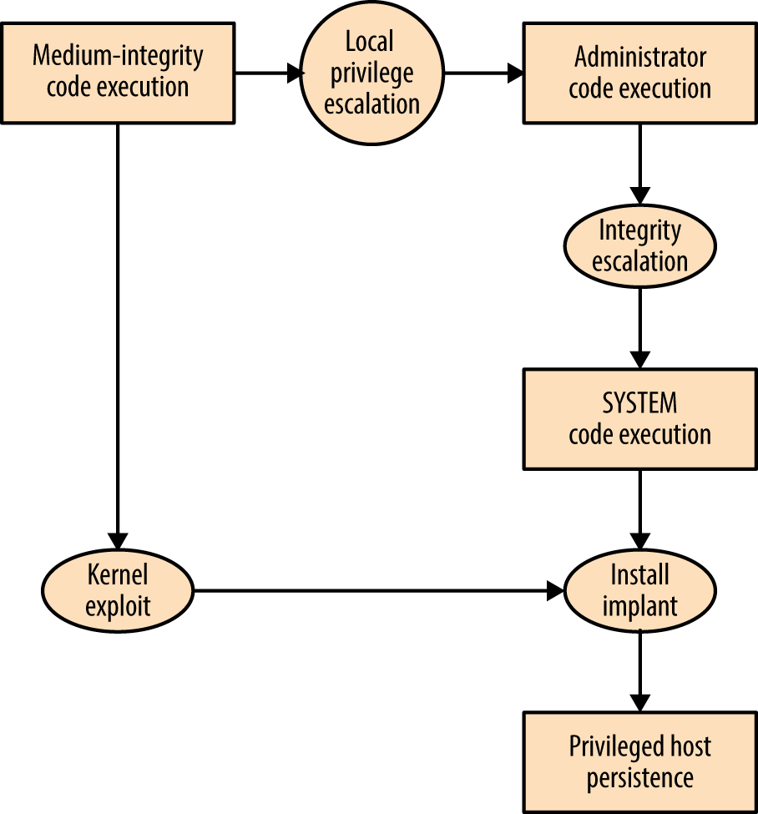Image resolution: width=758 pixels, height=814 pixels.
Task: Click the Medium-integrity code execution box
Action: click(118, 73)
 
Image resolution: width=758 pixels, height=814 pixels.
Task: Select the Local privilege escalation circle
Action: click(372, 73)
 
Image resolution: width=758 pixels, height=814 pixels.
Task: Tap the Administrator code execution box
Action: click(639, 73)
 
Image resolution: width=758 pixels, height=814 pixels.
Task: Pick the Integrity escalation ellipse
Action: click(639, 246)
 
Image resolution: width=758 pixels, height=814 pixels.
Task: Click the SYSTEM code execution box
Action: click(639, 419)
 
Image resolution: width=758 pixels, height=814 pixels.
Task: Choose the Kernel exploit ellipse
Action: click(118, 591)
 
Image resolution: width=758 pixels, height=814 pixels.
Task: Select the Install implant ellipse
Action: click(639, 591)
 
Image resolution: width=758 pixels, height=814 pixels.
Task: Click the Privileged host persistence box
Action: click(639, 762)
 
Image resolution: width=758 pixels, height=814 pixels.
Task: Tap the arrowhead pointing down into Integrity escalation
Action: click(639, 196)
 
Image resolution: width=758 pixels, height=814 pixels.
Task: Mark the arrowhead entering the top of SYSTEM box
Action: click(639, 360)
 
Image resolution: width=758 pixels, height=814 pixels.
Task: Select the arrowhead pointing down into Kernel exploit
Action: click(118, 540)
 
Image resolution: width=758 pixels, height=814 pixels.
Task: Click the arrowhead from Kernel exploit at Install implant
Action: click(555, 591)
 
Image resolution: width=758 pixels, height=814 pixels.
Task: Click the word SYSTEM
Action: click(639, 404)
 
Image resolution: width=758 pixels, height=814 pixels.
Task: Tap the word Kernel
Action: click(118, 576)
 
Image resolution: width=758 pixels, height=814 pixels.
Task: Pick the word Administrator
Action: click(639, 58)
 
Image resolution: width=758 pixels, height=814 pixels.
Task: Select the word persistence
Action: click(639, 778)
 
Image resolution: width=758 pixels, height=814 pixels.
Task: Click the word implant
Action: click(639, 606)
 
